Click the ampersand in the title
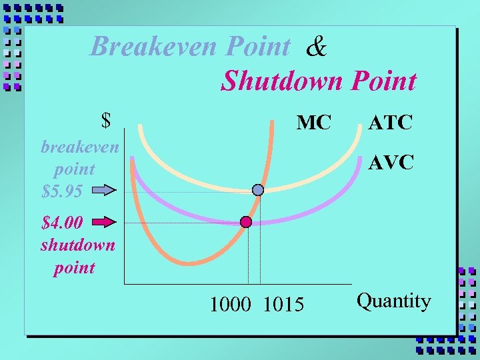click(x=317, y=47)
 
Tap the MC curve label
click(x=313, y=123)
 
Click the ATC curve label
click(x=391, y=122)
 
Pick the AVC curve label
click(x=391, y=162)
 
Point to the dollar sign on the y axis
click(x=105, y=120)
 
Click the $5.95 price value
click(x=62, y=192)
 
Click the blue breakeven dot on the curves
click(x=259, y=190)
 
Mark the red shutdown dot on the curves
click(x=246, y=222)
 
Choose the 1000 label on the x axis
click(x=230, y=305)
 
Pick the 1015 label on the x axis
click(x=283, y=305)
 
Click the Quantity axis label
click(x=393, y=301)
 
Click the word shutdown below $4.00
click(x=77, y=245)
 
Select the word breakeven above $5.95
click(x=79, y=147)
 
